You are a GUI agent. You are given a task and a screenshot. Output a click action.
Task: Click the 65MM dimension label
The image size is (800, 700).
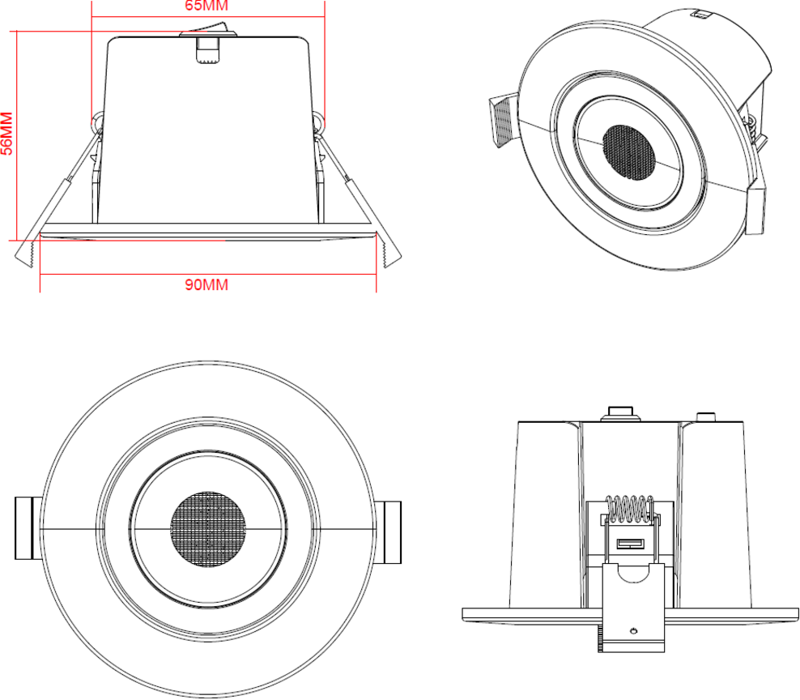click(207, 6)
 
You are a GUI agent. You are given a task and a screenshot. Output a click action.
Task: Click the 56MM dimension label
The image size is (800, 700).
click(6, 134)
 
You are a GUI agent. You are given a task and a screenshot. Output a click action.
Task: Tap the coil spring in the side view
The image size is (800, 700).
click(630, 509)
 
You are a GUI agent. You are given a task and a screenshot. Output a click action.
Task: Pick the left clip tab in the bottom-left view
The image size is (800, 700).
click(25, 529)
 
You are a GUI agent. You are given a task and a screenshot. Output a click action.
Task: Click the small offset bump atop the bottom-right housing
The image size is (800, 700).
click(706, 417)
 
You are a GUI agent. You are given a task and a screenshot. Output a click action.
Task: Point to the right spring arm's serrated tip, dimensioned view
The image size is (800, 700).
click(389, 254)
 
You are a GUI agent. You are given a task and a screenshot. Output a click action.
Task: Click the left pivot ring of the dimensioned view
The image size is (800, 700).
click(96, 122)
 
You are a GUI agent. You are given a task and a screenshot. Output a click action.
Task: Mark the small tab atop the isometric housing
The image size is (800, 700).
click(700, 13)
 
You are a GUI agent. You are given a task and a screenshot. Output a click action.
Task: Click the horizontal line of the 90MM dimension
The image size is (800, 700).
click(121, 275)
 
